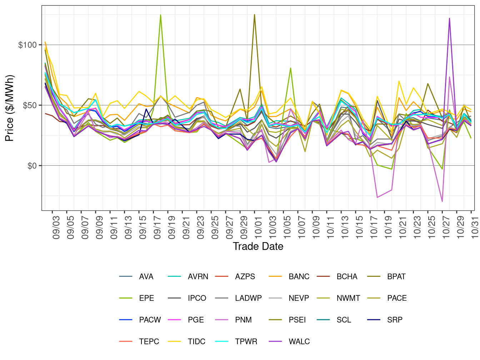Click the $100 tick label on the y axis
point(27,45)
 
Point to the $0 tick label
point(32,166)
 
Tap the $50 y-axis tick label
point(30,105)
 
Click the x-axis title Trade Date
point(258,246)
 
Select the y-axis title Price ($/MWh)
point(9,108)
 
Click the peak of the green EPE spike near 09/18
point(161,15)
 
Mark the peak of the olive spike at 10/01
point(254,15)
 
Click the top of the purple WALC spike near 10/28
point(449,18)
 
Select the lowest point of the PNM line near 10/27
point(442,201)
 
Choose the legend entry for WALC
point(299,342)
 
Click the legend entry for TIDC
point(196,342)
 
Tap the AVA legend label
point(146,277)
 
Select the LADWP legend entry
point(248,298)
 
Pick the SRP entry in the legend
point(395,320)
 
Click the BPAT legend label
point(396,277)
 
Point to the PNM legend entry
point(243,320)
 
